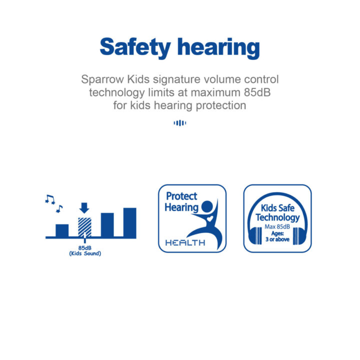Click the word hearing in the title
click(x=218, y=48)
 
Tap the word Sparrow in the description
click(x=102, y=79)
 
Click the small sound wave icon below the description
click(x=180, y=123)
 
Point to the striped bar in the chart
click(x=84, y=227)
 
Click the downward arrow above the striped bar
click(x=84, y=208)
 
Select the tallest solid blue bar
click(x=129, y=222)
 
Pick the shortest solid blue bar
click(x=62, y=230)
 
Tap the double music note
click(x=50, y=199)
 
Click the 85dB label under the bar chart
click(x=85, y=248)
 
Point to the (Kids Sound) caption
click(x=85, y=253)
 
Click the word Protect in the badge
click(x=181, y=196)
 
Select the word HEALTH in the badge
click(x=185, y=242)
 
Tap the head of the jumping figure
click(x=207, y=206)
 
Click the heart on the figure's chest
click(x=210, y=218)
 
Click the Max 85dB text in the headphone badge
click(x=277, y=227)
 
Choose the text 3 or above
click(x=277, y=239)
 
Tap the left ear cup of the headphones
click(x=255, y=235)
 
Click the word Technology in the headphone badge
click(x=278, y=217)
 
